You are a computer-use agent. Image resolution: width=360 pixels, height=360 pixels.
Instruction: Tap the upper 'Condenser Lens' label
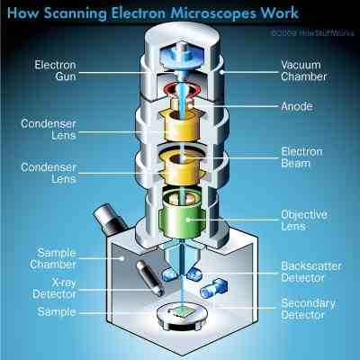click(57, 130)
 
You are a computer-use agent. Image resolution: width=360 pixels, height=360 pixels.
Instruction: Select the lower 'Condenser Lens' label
click(57, 173)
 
